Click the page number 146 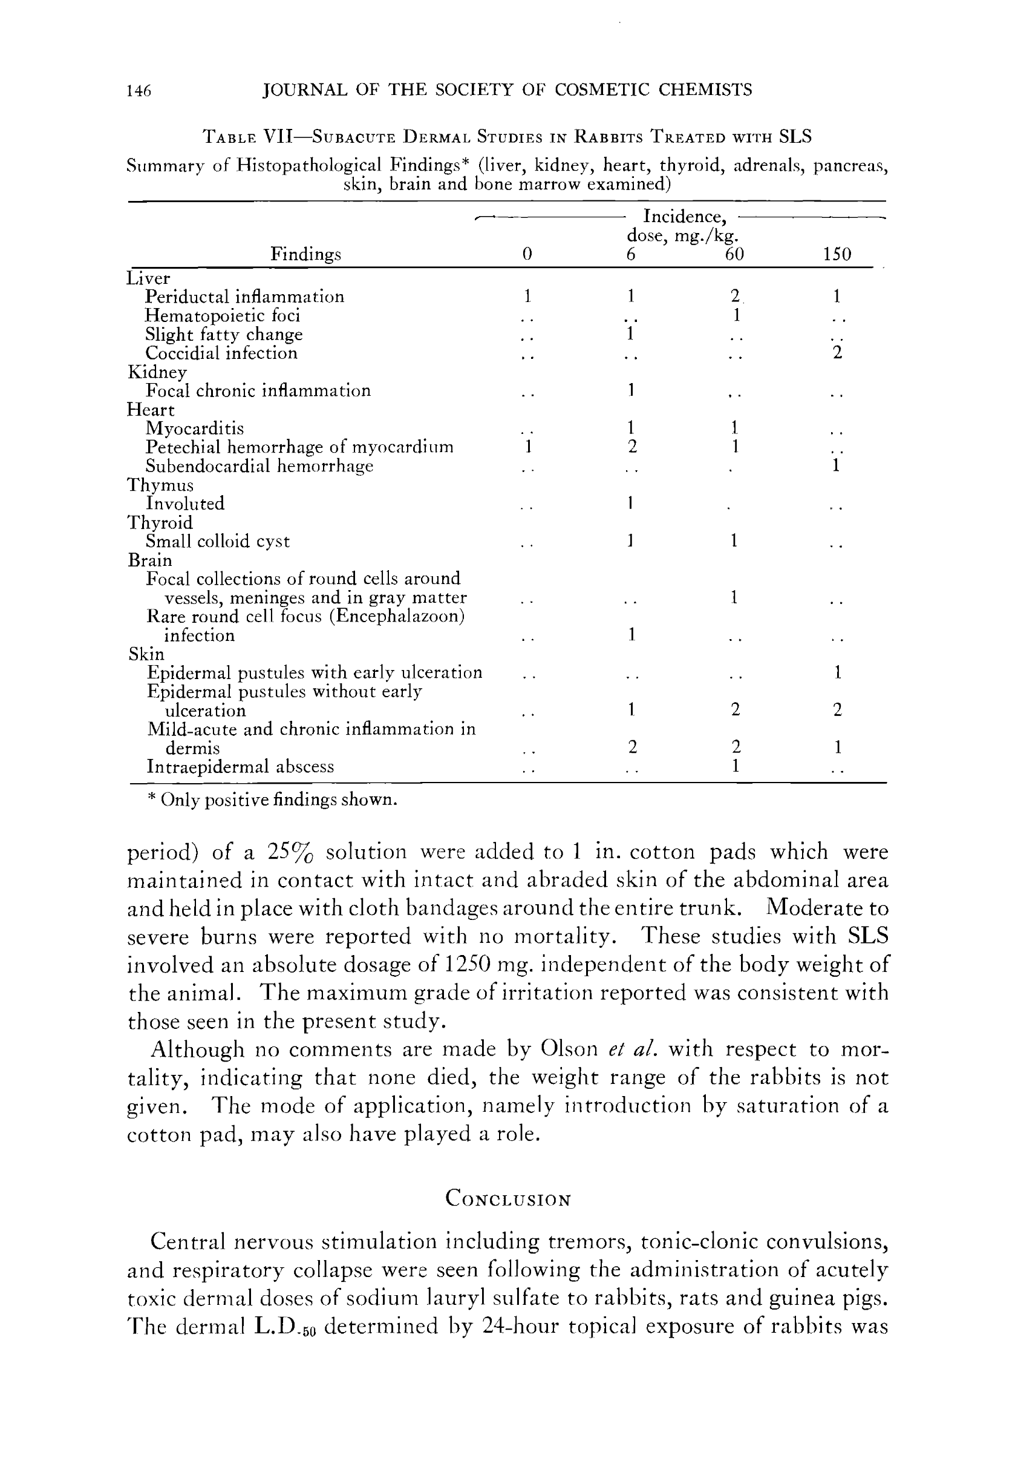coord(139,91)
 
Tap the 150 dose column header coord(837,255)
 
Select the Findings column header coord(305,255)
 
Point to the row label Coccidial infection coord(221,353)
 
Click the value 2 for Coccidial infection coord(837,352)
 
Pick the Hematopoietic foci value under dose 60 coord(736,315)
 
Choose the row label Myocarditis coord(194,428)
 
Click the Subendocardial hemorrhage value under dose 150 coord(836,465)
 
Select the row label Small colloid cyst coord(218,542)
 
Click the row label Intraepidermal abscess coord(240,766)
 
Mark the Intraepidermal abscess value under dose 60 coord(736,766)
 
